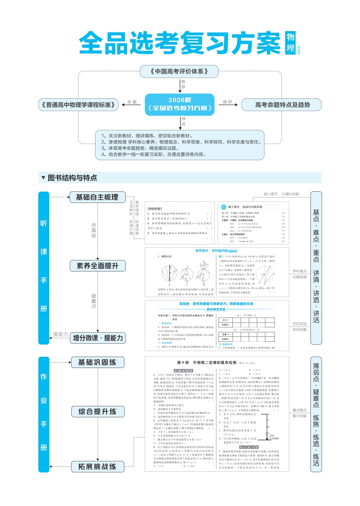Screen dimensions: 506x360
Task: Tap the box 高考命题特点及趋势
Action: (x=282, y=105)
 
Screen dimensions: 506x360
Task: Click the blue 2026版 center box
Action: (x=180, y=104)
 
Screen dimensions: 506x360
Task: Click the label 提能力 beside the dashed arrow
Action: (x=60, y=334)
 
